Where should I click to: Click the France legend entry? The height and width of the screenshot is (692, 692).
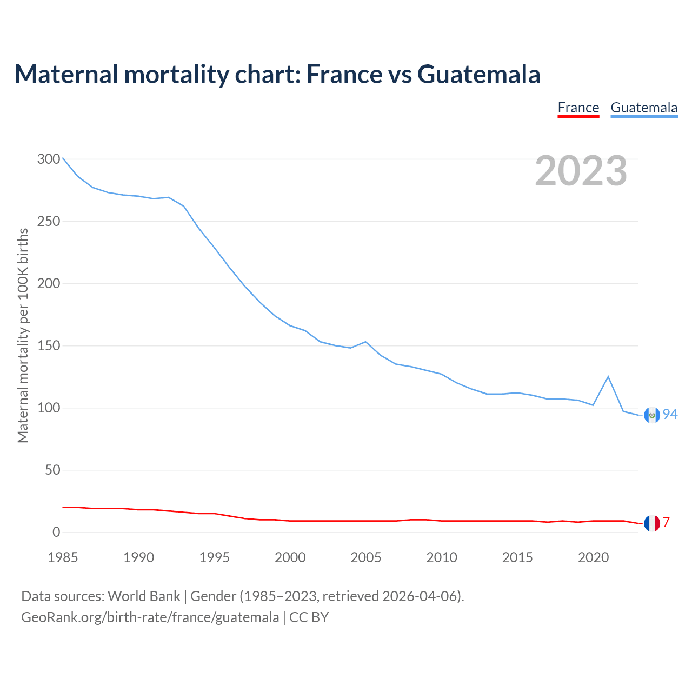tap(578, 108)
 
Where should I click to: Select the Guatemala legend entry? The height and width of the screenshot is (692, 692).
tap(644, 108)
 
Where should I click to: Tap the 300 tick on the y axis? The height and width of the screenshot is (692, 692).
tap(49, 159)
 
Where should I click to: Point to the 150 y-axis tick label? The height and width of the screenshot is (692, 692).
tap(49, 345)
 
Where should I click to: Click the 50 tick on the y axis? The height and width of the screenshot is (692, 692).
tap(52, 470)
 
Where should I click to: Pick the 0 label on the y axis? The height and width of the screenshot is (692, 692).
tap(56, 532)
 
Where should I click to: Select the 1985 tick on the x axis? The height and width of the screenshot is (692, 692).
tap(63, 557)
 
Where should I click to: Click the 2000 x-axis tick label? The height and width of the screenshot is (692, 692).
tap(290, 557)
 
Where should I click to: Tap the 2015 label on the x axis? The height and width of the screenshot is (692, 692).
tap(517, 557)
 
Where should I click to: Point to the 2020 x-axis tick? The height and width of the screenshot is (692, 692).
tap(593, 557)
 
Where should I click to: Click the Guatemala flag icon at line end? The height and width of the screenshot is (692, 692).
tap(652, 415)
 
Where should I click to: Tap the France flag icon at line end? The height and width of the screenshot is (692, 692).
tap(652, 523)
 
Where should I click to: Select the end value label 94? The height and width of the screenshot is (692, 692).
tap(670, 414)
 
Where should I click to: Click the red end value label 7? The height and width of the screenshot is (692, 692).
tap(667, 522)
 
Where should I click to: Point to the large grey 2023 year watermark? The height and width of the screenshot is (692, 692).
tap(581, 171)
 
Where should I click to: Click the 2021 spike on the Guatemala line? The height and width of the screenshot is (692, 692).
tap(608, 376)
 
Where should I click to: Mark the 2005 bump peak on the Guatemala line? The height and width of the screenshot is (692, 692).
tap(366, 342)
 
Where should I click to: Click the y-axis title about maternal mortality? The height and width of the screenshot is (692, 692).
tap(23, 335)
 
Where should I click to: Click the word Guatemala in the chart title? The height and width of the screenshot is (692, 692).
tap(479, 74)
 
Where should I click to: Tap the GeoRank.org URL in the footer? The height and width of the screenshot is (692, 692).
tap(150, 617)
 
